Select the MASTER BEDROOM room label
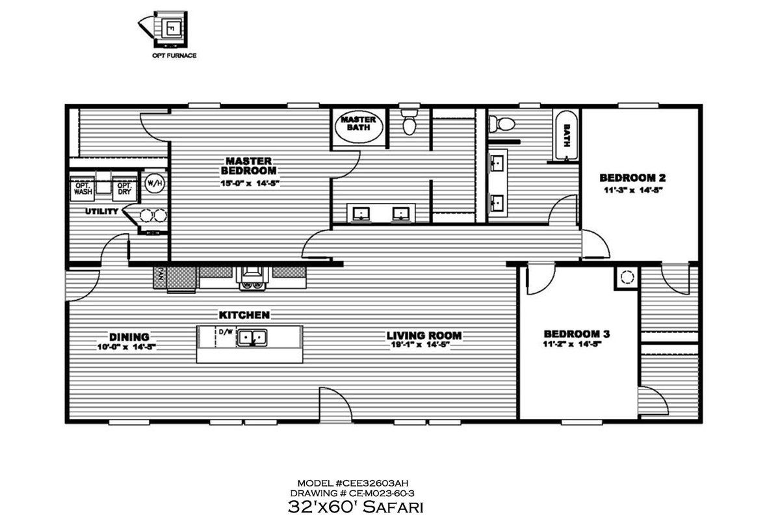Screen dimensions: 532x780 [x=249, y=166]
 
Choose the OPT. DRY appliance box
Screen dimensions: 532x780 [x=123, y=189]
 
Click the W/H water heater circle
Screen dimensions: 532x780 [x=155, y=182]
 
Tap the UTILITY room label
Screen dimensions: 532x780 [x=101, y=211]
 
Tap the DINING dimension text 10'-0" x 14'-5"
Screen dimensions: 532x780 [x=129, y=347]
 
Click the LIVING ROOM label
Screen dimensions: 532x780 [x=424, y=336]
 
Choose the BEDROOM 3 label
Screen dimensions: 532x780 [x=577, y=334]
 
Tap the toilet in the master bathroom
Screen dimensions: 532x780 [x=409, y=122]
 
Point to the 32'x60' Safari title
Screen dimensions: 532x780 [x=355, y=506]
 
